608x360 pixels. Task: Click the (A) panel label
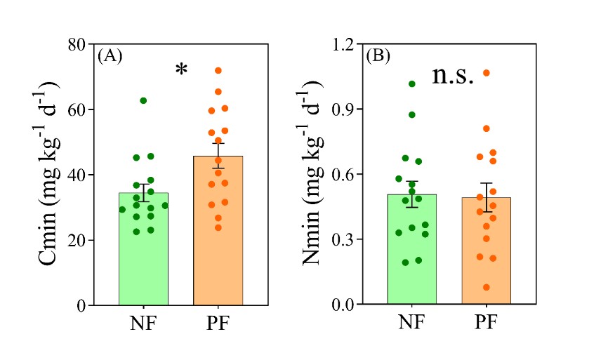[110, 55]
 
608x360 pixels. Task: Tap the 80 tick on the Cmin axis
[79, 44]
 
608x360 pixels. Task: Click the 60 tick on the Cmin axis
[79, 109]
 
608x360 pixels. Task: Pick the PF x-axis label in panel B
[487, 325]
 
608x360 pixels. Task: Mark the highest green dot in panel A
[143, 100]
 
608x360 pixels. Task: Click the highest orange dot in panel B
[487, 73]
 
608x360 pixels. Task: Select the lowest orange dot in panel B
[487, 287]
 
